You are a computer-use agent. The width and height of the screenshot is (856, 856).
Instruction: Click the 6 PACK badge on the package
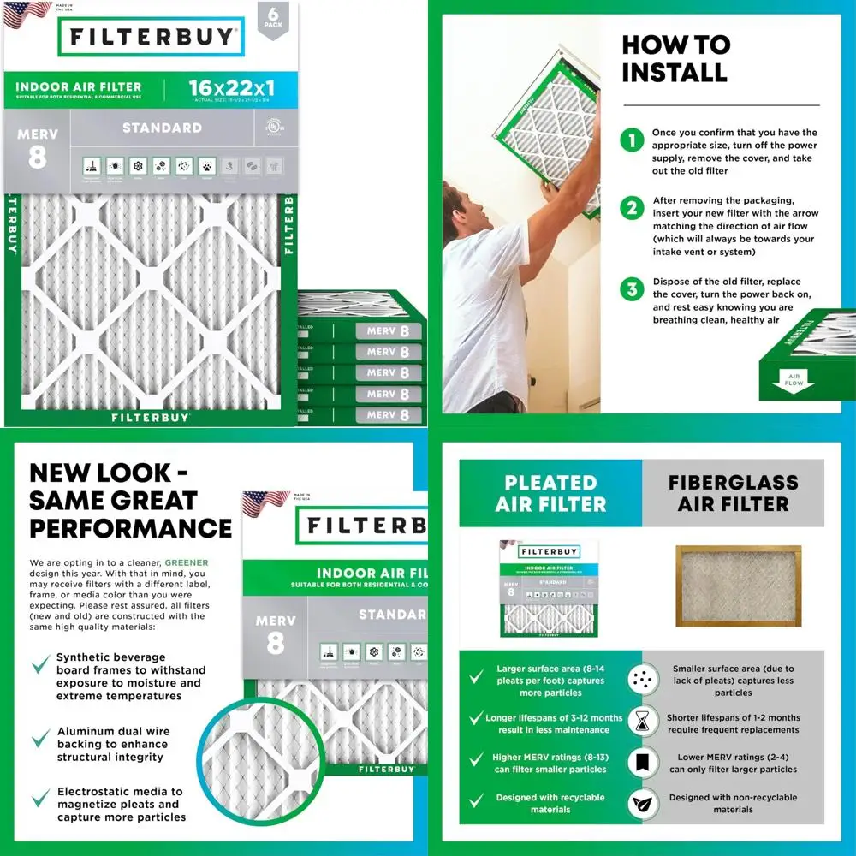coord(272,19)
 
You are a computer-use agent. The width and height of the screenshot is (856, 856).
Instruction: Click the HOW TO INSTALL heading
coord(675,58)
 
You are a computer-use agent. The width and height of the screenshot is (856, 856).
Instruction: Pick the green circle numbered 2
coord(632,208)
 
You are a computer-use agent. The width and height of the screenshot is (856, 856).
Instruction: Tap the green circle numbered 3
coord(632,289)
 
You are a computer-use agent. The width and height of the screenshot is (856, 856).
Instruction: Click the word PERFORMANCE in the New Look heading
coord(130,527)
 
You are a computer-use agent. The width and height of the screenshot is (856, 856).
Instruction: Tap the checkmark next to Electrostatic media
coord(39,799)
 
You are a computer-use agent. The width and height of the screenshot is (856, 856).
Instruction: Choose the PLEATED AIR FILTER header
coord(550,493)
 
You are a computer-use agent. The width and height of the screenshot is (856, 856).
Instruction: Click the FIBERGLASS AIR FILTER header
coord(734,493)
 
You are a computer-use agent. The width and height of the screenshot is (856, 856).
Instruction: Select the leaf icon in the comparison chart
coord(642,805)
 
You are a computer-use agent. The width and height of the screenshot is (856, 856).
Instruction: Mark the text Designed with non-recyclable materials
coord(734,803)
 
